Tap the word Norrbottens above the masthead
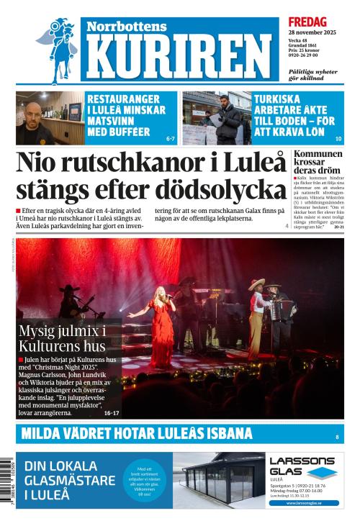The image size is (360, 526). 127,26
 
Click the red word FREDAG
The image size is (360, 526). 307,22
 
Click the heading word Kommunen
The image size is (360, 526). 318,155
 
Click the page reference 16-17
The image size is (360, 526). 112,413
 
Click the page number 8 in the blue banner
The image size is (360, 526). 337,437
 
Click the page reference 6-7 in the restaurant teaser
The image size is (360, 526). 171,137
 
